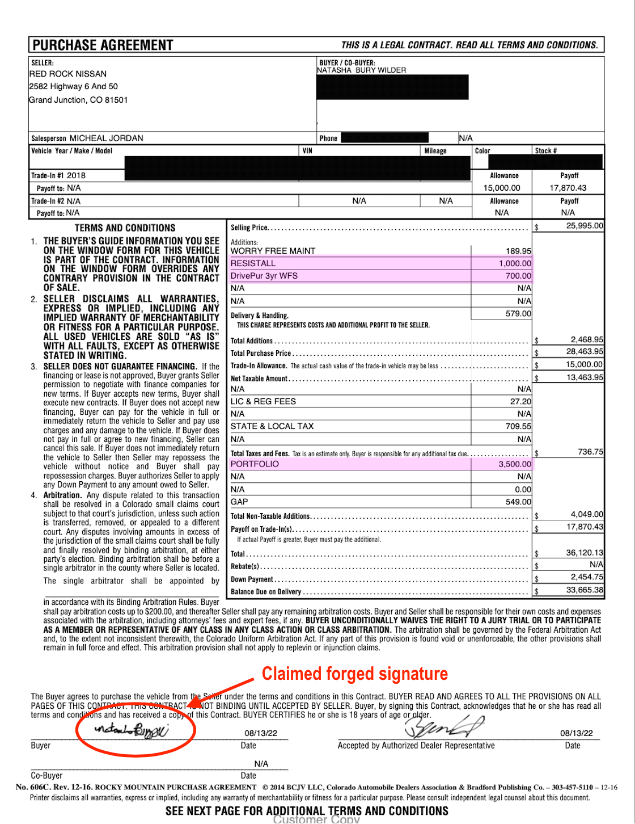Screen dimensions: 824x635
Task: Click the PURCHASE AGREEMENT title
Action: click(103, 45)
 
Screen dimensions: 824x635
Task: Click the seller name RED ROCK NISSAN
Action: click(68, 74)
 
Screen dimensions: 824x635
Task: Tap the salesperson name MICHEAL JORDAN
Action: click(106, 138)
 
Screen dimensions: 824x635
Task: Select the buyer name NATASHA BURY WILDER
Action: click(361, 70)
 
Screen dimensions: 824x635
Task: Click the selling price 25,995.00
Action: click(585, 226)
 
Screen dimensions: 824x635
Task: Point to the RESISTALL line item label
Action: click(253, 263)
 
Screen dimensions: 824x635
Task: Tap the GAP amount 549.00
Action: click(518, 502)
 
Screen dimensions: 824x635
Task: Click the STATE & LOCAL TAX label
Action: click(272, 426)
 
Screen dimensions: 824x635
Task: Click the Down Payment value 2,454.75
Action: click(587, 577)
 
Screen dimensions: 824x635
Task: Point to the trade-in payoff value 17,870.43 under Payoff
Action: click(568, 188)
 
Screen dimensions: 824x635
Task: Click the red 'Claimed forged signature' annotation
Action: click(354, 674)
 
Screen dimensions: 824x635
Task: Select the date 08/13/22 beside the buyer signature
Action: click(261, 733)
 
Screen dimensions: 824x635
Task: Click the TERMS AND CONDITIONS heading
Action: click(125, 228)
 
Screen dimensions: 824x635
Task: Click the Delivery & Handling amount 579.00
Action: click(518, 314)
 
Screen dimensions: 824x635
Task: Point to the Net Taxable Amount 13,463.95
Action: click(585, 377)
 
